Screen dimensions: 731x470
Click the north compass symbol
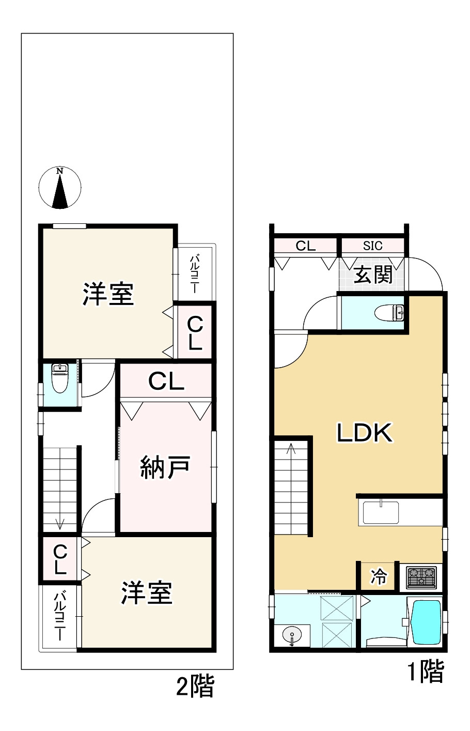pyautogui.click(x=60, y=188)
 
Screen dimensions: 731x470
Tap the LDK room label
pyautogui.click(x=365, y=433)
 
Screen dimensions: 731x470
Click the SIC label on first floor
pyautogui.click(x=372, y=246)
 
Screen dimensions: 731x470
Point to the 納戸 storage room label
pyautogui.click(x=165, y=467)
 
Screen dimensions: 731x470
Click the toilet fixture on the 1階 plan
pyautogui.click(x=391, y=313)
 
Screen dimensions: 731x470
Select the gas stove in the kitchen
pyautogui.click(x=421, y=577)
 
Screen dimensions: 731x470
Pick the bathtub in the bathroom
pyautogui.click(x=426, y=622)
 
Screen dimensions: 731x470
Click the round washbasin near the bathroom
pyautogui.click(x=292, y=635)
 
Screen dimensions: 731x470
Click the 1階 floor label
pyautogui.click(x=426, y=672)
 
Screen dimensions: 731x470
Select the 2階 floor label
pyautogui.click(x=195, y=687)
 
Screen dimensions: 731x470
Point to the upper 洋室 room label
pyautogui.click(x=108, y=294)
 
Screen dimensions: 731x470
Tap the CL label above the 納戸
pyautogui.click(x=166, y=382)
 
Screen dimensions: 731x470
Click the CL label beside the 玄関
pyautogui.click(x=305, y=246)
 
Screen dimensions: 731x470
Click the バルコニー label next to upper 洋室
pyautogui.click(x=195, y=275)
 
